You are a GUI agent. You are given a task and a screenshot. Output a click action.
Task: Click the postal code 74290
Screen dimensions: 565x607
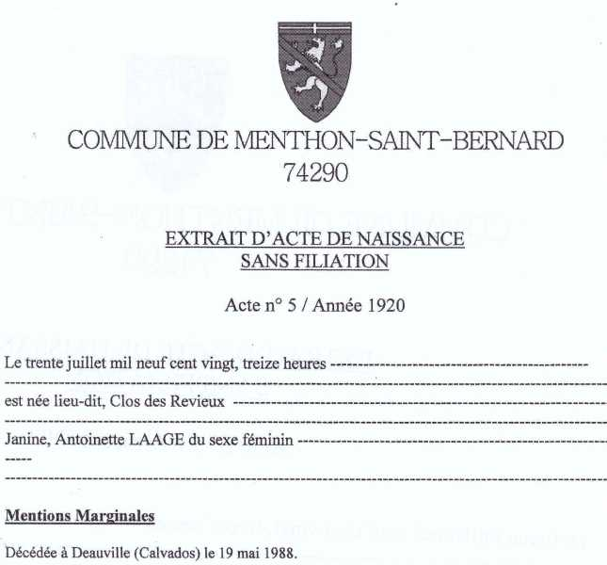coord(315,171)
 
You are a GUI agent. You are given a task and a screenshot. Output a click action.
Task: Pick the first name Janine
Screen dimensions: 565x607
coord(25,440)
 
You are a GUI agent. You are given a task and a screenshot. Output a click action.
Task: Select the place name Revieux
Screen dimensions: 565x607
coord(200,402)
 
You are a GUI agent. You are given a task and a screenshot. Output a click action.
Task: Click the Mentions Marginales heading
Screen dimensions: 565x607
coord(79,515)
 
